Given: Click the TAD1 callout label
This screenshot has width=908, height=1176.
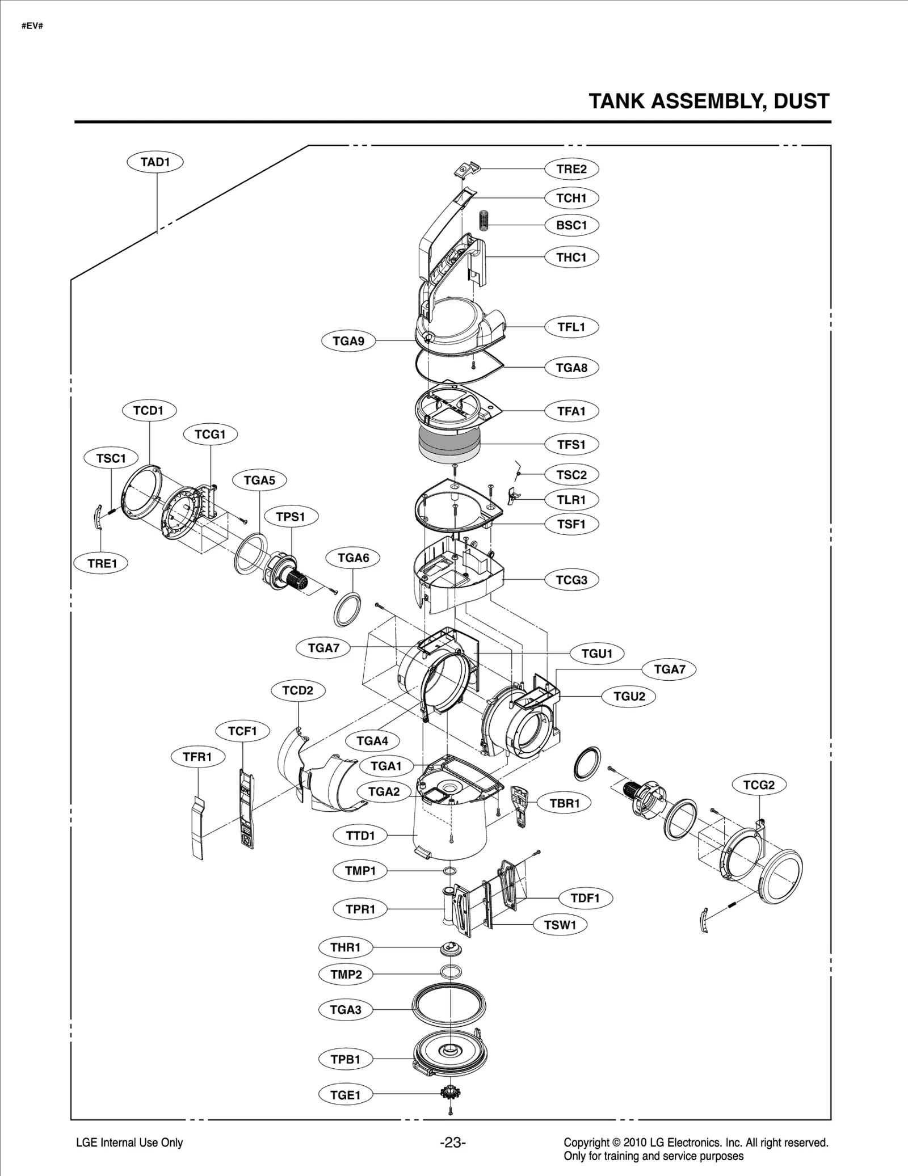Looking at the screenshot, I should coord(155,162).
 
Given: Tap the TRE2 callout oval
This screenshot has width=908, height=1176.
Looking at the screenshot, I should coord(571,169).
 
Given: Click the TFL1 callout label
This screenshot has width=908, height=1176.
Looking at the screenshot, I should coord(571,327).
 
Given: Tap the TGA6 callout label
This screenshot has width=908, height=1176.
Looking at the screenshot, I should coord(353,558).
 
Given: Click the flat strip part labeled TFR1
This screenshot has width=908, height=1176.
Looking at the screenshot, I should coord(197,828).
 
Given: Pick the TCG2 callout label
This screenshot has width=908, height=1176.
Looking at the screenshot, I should coord(759,785).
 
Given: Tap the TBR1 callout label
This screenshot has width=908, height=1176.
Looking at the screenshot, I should coord(565,803).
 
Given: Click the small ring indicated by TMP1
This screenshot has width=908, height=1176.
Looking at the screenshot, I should coord(449,870).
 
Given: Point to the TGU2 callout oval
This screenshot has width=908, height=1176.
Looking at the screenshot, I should coord(629,696).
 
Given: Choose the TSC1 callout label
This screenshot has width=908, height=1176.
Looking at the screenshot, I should coord(111,458).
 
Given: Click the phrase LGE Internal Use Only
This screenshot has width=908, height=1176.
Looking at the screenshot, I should coord(129,1143).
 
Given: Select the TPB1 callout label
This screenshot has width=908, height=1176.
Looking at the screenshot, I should coord(346,1059).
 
